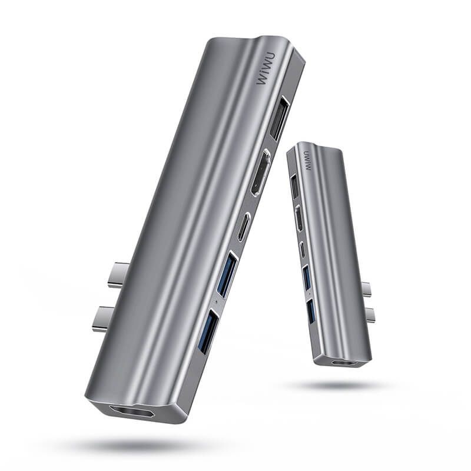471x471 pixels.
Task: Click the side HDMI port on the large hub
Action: [x=260, y=173]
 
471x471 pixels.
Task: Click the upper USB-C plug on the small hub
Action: [x=367, y=289]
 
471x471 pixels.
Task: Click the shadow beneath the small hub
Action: [x=341, y=386]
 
